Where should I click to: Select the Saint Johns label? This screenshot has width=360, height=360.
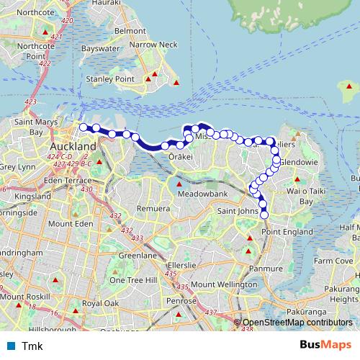click(237, 211)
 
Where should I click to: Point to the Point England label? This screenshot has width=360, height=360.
click(287, 231)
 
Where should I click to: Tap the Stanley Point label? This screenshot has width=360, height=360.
click(109, 78)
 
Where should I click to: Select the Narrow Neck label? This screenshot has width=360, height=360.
click(153, 45)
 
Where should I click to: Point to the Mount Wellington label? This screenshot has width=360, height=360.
click(224, 285)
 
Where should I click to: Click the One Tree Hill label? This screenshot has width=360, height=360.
click(129, 279)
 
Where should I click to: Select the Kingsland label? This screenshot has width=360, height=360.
click(32, 196)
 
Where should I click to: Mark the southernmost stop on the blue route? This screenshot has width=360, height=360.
click(264, 215)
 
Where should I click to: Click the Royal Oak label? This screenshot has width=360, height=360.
click(100, 304)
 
